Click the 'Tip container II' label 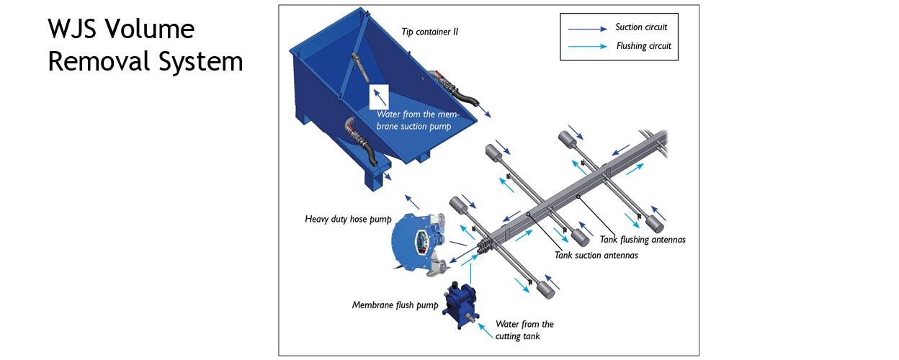pos(429,32)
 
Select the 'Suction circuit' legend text pos(641,27)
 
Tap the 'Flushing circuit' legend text pos(643,46)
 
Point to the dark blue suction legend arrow pos(587,29)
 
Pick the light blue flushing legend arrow pos(587,47)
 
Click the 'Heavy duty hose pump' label pos(348,219)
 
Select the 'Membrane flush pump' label pos(395,305)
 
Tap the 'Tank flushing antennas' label pos(643,240)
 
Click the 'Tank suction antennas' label pos(596,256)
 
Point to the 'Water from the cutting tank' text pos(524,330)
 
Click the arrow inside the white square pos(380,97)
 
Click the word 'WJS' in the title pos(72,29)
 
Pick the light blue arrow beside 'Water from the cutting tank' pos(486,331)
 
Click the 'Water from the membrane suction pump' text pos(417,120)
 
